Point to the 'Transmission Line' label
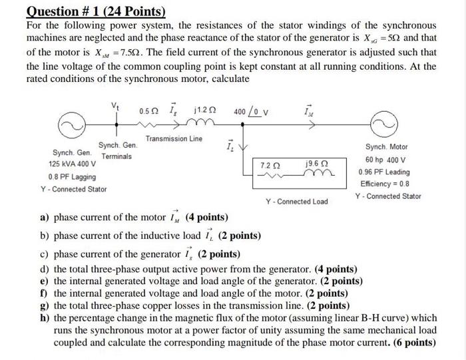(174, 139)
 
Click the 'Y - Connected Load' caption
(297, 201)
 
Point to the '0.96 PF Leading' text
(387, 172)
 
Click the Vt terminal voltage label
(116, 104)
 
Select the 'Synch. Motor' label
(387, 146)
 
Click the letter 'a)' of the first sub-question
(45, 217)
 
